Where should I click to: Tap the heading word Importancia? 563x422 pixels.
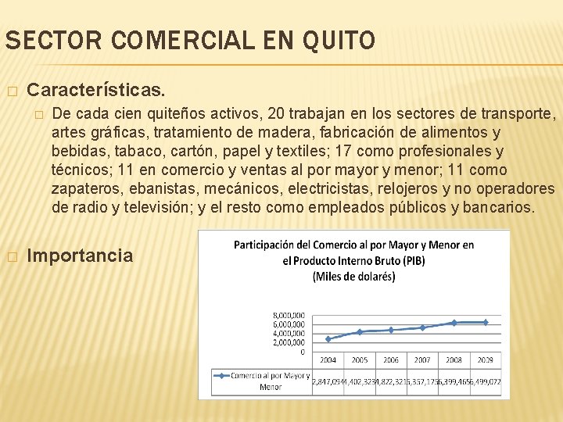pos(80,256)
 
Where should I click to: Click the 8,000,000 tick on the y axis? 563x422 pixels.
pos(289,315)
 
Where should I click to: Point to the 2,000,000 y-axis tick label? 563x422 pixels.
pos(289,342)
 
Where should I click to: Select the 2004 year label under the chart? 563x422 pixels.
pos(328,360)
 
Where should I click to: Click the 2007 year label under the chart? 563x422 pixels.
pos(422,360)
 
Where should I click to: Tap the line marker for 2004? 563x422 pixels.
pos(328,338)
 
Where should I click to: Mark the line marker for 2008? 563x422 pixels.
pos(454,323)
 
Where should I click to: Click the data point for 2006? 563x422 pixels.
pos(391,330)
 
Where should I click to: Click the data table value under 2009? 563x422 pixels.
pos(485,381)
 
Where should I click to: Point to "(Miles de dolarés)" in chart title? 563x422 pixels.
pos(353,276)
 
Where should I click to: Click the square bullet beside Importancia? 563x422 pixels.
pos(11,256)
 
